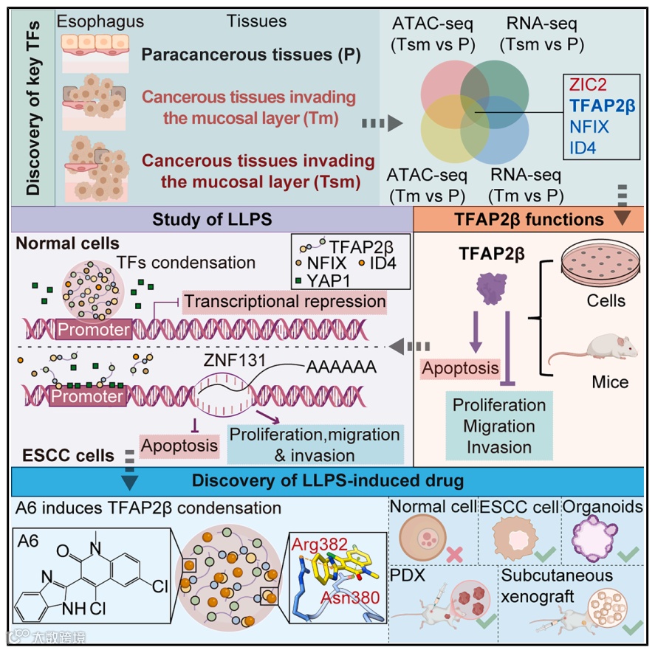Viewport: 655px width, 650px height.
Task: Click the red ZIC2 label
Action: [x=588, y=85]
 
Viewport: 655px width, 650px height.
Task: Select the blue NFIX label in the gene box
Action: [x=589, y=127]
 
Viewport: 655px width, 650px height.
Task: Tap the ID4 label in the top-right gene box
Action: [x=583, y=148]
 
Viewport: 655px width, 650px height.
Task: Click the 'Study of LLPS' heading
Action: [x=212, y=219]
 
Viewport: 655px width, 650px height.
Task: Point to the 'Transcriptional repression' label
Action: [x=285, y=302]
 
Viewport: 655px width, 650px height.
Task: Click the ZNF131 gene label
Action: [x=234, y=360]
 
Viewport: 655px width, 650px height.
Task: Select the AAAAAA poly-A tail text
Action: [x=341, y=367]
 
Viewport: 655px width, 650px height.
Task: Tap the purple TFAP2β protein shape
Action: [x=492, y=288]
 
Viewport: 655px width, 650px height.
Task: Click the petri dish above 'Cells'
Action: [x=600, y=261]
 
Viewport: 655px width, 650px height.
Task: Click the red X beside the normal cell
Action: [x=454, y=554]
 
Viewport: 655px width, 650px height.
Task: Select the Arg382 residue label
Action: [x=319, y=544]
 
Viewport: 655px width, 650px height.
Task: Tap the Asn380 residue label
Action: [x=350, y=598]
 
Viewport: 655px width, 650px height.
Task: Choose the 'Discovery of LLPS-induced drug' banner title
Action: [x=328, y=480]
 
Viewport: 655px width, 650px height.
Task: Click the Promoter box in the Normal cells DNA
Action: [x=94, y=330]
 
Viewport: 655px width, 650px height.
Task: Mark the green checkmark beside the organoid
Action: [x=628, y=553]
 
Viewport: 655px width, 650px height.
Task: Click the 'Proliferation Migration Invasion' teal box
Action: [x=499, y=426]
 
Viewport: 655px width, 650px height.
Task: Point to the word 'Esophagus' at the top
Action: [x=100, y=21]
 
